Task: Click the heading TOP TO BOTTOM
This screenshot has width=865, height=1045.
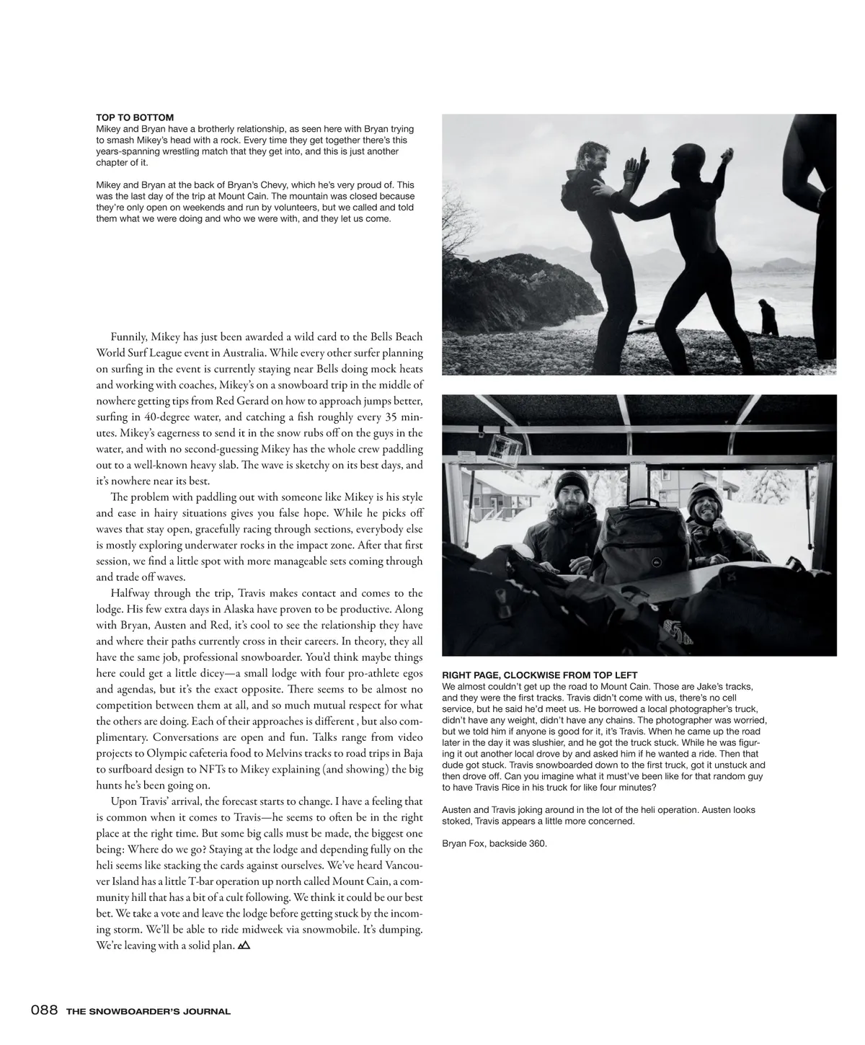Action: pos(135,117)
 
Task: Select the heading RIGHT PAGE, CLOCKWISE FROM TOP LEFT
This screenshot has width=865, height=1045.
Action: pos(539,675)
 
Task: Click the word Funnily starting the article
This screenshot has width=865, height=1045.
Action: pos(129,337)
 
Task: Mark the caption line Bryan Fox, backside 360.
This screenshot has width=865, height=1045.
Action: pos(494,843)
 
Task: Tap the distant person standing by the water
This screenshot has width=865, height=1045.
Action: pos(768,318)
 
